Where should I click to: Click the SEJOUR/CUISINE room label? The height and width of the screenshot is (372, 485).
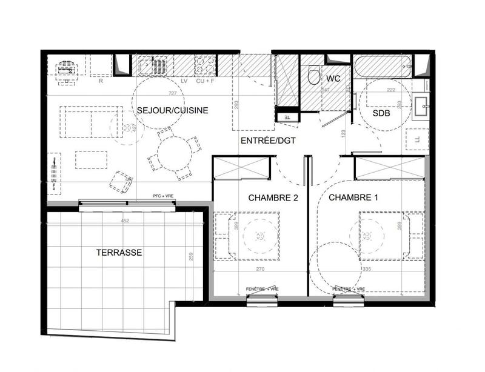pyautogui.click(x=173, y=110)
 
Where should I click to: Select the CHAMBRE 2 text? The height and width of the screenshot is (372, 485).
pyautogui.click(x=269, y=198)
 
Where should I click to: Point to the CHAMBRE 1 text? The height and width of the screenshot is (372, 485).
pyautogui.click(x=349, y=198)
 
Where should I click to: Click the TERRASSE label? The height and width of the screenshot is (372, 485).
pyautogui.click(x=119, y=253)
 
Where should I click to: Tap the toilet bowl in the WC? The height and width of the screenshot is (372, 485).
pyautogui.click(x=314, y=76)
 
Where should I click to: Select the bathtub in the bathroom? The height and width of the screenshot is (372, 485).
pyautogui.click(x=382, y=67)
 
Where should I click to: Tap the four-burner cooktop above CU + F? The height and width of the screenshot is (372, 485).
pyautogui.click(x=204, y=65)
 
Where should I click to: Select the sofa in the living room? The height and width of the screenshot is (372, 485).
pyautogui.click(x=91, y=121)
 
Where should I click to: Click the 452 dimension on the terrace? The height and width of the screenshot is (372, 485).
pyautogui.click(x=125, y=221)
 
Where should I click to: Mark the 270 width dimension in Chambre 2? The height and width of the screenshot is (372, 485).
pyautogui.click(x=260, y=268)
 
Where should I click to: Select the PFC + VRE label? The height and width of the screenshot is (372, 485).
pyautogui.click(x=164, y=197)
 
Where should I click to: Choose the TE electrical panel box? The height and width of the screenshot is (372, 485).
pyautogui.click(x=287, y=118)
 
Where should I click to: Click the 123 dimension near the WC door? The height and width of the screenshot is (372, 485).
pyautogui.click(x=343, y=133)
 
